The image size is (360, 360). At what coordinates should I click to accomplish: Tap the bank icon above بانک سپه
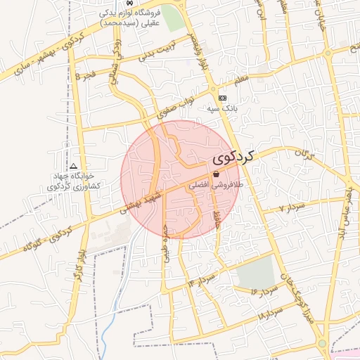pyautogui.click(x=223, y=98)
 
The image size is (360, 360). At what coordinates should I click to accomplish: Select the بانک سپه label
pyautogui.click(x=223, y=109)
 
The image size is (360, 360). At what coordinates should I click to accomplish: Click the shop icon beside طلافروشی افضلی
pyautogui.click(x=216, y=174)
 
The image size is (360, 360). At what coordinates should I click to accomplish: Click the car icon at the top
pyautogui.click(x=128, y=3)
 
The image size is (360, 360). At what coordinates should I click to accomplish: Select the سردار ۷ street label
pyautogui.click(x=291, y=207)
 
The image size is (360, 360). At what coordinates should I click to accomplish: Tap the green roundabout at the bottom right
pyautogui.click(x=321, y=343)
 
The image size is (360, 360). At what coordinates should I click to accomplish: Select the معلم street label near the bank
pyautogui.click(x=241, y=83)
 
